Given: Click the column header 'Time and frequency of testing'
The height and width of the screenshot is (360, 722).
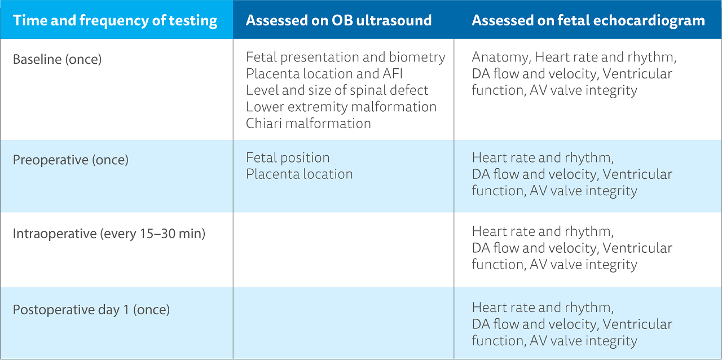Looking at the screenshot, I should pos(115,21).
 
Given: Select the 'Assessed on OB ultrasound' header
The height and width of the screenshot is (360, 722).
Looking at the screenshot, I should pos(338,21).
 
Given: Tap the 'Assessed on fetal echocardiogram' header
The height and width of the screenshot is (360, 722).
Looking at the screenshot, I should pos(588,21).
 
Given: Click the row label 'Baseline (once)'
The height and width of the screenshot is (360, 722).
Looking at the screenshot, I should pos(57,59).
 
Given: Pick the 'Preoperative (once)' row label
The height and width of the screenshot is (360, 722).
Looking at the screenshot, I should pos(71,160).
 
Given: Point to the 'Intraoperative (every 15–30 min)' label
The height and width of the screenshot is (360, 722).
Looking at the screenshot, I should pos(109,234).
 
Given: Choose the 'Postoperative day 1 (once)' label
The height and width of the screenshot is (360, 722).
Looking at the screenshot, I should pos(91,310).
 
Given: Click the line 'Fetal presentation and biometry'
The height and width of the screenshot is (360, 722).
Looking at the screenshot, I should pos(345,58).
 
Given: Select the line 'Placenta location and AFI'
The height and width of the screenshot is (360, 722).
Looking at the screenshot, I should pos(324,74).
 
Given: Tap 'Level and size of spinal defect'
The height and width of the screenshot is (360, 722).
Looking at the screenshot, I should pos(337,90).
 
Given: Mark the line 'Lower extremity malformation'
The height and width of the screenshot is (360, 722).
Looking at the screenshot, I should pos(341,107).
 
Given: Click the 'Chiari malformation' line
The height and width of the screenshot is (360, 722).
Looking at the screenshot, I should pos(308,123).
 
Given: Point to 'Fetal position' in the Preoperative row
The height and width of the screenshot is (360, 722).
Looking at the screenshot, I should pos(288,157).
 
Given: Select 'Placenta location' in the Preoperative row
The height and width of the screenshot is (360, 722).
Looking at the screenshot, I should pos(299,174).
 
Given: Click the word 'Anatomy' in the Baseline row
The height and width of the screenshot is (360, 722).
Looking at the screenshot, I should pos(500,58).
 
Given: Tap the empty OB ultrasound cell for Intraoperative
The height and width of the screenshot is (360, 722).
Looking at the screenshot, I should pos(343,249).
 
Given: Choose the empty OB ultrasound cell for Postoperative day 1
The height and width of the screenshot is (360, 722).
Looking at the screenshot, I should pos(343,323).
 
